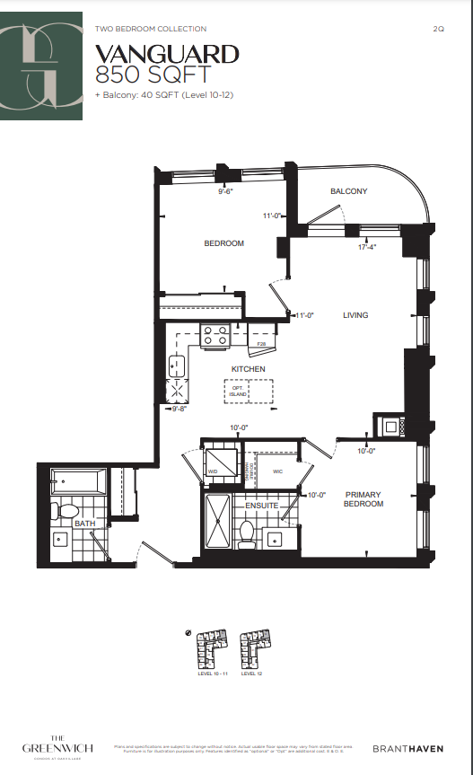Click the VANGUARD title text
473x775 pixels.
point(167,56)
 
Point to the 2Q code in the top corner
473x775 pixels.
point(438,29)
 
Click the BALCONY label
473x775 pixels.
point(348,191)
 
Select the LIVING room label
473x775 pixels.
point(355,315)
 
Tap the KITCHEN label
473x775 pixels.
point(247,369)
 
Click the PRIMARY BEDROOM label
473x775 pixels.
point(364,499)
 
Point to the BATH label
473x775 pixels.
point(84,523)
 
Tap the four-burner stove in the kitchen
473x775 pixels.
point(215,335)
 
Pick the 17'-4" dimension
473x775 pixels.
point(366,246)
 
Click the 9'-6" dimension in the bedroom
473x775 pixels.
point(225,191)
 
